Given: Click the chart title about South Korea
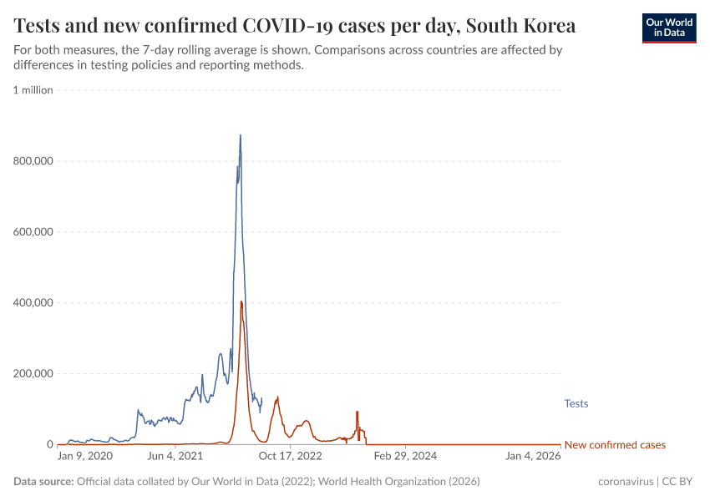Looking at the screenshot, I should tap(294, 26).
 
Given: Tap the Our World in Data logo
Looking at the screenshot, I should tap(669, 28).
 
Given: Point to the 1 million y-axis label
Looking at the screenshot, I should tap(33, 90).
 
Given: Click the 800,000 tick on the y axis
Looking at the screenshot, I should tap(33, 161).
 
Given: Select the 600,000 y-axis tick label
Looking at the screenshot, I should tap(33, 232).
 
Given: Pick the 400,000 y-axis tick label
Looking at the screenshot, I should tap(33, 303).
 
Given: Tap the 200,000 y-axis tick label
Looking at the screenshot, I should tap(33, 374).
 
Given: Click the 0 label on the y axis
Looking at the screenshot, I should tap(49, 445).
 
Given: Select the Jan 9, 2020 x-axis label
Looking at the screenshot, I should tap(84, 456).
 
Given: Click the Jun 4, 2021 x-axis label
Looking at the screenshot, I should tap(175, 456).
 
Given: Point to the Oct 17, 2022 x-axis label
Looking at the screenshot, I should tap(290, 456).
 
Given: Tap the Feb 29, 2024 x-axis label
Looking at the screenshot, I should tap(405, 456).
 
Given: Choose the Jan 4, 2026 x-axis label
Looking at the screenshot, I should tap(533, 456).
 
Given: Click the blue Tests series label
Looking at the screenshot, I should tap(576, 404).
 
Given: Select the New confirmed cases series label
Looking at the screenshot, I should tap(615, 445).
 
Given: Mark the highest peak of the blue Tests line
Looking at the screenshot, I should tap(241, 135).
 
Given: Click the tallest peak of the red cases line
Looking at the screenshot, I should tap(241, 301).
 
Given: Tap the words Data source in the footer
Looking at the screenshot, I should tap(43, 482).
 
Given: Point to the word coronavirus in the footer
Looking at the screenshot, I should tap(626, 482).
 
